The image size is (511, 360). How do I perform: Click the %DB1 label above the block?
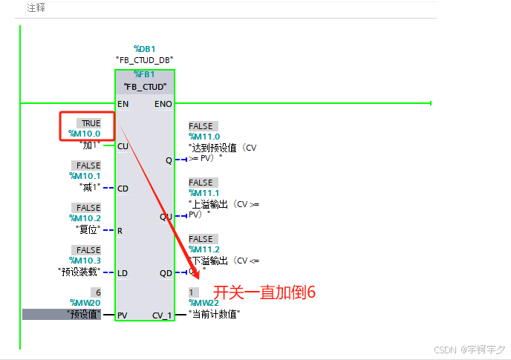[x=145, y=48]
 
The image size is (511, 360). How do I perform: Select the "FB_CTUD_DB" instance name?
[x=145, y=59]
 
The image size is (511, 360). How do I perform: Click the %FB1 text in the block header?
[x=145, y=74]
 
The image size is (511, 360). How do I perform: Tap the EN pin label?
[x=123, y=104]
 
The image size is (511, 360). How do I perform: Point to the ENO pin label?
[x=163, y=104]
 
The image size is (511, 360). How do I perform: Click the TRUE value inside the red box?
[x=91, y=123]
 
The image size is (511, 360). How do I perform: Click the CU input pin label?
[x=123, y=146]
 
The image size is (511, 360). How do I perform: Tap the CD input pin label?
[x=123, y=189]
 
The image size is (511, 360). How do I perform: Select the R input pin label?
[x=120, y=231]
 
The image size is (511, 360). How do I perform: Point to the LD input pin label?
[x=123, y=273]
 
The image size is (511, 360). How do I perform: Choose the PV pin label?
[x=123, y=315]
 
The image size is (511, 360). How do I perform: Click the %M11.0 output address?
[x=204, y=137]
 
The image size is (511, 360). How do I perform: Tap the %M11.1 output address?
[x=204, y=193]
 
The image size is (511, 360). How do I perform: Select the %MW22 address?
[x=205, y=303]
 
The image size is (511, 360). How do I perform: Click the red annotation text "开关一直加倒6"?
[x=265, y=292]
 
